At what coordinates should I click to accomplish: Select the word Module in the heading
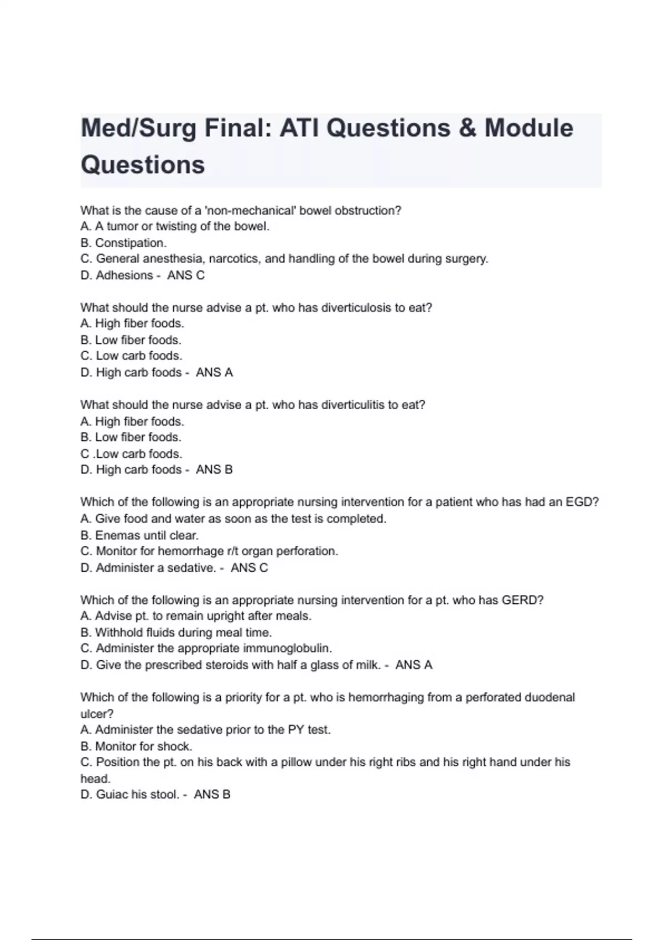tap(529, 129)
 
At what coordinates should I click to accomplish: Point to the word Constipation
tap(131, 243)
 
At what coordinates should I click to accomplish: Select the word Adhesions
tap(124, 275)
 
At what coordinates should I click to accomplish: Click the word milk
tap(367, 665)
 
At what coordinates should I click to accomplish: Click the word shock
tap(175, 746)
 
